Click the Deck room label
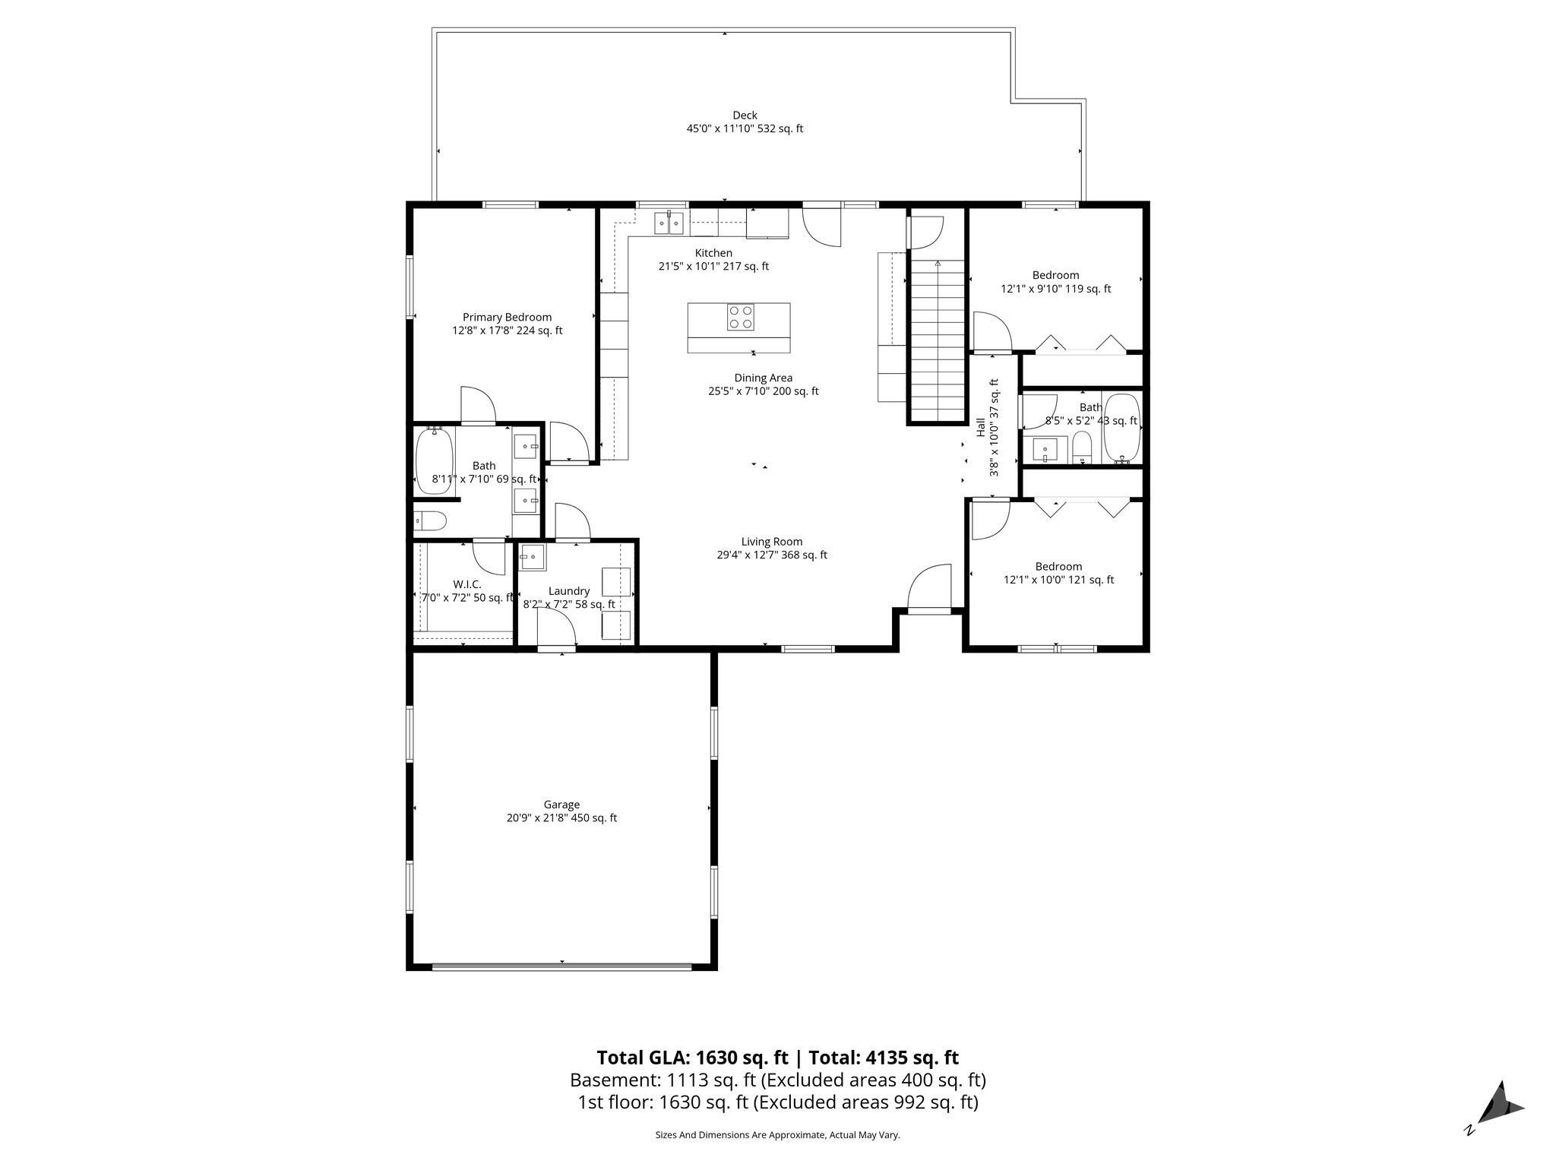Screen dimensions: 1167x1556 (x=745, y=115)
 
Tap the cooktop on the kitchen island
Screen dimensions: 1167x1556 (x=741, y=317)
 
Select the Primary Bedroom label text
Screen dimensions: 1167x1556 (x=507, y=318)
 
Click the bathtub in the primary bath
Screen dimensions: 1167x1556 (x=434, y=460)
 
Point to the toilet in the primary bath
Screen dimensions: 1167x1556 (x=431, y=521)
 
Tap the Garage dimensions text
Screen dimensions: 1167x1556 (x=561, y=818)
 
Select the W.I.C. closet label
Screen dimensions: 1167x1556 (x=466, y=584)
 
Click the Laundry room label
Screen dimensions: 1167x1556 (x=568, y=591)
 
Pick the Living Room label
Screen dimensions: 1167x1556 (x=772, y=542)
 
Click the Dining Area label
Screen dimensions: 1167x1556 (x=763, y=378)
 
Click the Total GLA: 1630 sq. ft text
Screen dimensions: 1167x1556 (x=691, y=1058)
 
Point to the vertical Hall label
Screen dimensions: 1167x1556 (x=980, y=427)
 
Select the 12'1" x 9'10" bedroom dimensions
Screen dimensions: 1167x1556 (x=1055, y=289)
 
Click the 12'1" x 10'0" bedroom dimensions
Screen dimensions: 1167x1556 (x=1058, y=580)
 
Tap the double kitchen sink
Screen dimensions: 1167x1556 (x=669, y=223)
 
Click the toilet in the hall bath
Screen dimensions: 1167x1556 (x=1081, y=448)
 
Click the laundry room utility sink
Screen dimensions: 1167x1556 (x=533, y=558)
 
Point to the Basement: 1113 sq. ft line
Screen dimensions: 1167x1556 (x=777, y=1080)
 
